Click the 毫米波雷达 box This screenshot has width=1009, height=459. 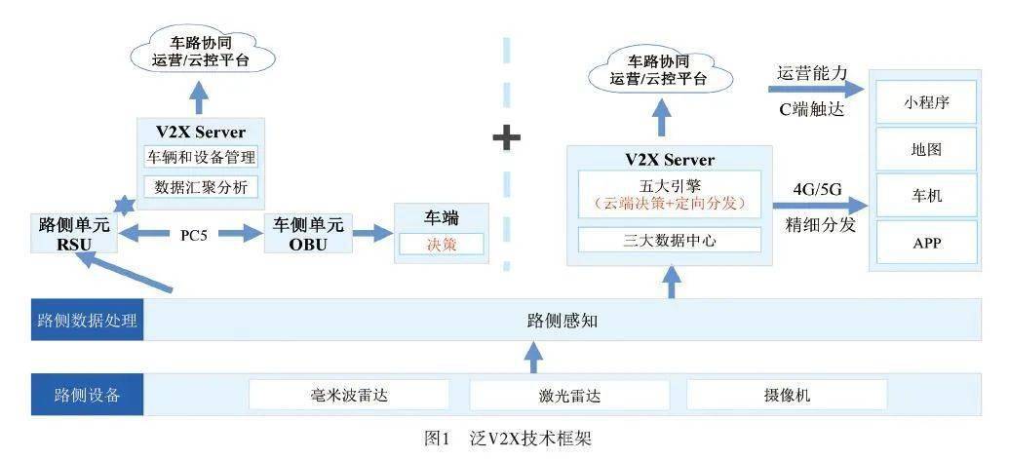pos(348,395)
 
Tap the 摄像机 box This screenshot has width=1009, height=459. pos(787,395)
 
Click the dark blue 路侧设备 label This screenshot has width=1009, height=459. pos(87,395)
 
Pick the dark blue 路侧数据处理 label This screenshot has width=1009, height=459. pos(87,320)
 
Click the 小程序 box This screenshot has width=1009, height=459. pos(926,102)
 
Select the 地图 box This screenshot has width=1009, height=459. pos(926,149)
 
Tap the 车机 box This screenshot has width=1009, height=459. pos(926,196)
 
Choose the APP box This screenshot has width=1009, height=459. pos(926,242)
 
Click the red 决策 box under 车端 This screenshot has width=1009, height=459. pos(441,244)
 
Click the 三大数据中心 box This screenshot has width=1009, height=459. pos(669,240)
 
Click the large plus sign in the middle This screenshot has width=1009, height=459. pos(506,137)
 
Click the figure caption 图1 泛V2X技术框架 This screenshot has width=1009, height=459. pos(508,439)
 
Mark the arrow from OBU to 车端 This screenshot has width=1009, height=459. pos(371,234)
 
